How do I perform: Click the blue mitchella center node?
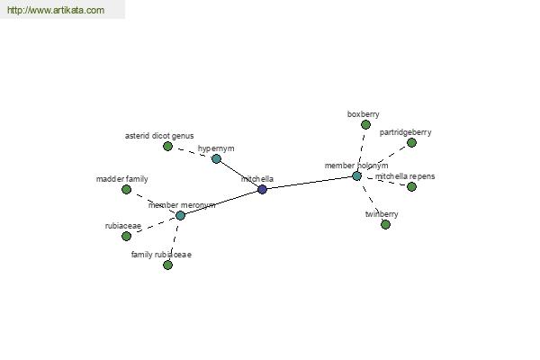click(x=262, y=189)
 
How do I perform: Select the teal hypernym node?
click(x=216, y=158)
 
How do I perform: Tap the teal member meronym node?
click(x=181, y=216)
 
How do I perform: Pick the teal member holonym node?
click(x=356, y=176)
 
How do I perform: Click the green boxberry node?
click(x=365, y=125)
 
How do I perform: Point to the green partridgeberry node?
click(x=411, y=142)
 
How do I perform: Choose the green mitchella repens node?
click(x=411, y=186)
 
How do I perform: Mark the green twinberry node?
click(x=386, y=225)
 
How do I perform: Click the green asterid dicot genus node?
click(x=167, y=147)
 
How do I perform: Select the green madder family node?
click(x=126, y=190)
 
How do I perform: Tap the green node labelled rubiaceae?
click(x=126, y=236)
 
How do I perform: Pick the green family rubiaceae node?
click(x=167, y=265)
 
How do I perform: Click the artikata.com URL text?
click(x=56, y=10)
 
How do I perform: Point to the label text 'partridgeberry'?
click(x=405, y=132)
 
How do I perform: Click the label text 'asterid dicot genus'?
click(x=159, y=136)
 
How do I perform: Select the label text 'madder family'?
click(x=121, y=179)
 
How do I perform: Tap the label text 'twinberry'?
click(x=382, y=214)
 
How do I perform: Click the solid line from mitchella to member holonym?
click(x=310, y=183)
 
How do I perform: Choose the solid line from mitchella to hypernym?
click(x=239, y=174)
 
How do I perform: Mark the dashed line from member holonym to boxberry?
click(x=361, y=150)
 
